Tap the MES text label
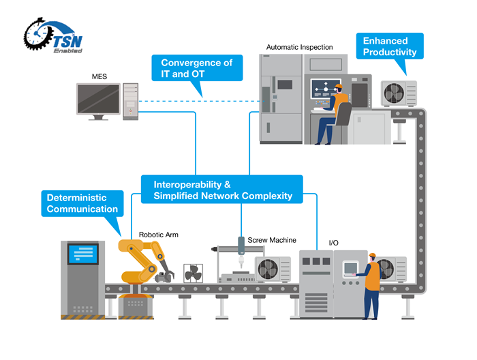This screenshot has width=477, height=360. (x=99, y=76)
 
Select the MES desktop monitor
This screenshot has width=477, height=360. (x=98, y=101)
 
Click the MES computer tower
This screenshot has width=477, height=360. (x=131, y=101)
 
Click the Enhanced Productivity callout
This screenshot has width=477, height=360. (x=389, y=46)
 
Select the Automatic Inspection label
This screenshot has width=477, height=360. (x=300, y=48)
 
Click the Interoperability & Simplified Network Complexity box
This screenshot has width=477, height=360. (x=222, y=190)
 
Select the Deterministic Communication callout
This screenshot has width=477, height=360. (x=82, y=203)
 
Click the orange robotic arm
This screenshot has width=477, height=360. (x=140, y=262)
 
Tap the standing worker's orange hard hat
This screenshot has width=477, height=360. (x=372, y=256)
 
